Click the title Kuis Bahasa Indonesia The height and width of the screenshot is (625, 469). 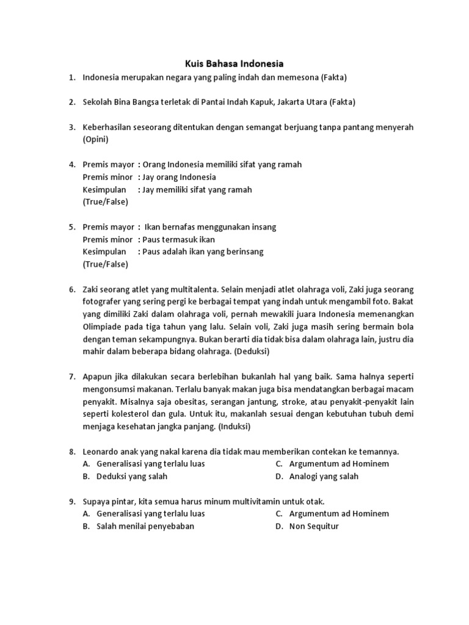pyautogui.click(x=234, y=63)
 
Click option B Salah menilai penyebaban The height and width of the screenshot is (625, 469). pyautogui.click(x=145, y=526)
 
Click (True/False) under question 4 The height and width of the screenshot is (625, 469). pyautogui.click(x=105, y=201)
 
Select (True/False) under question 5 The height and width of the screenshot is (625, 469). pyautogui.click(x=105, y=264)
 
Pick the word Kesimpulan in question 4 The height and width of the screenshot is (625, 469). pyautogui.click(x=104, y=189)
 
